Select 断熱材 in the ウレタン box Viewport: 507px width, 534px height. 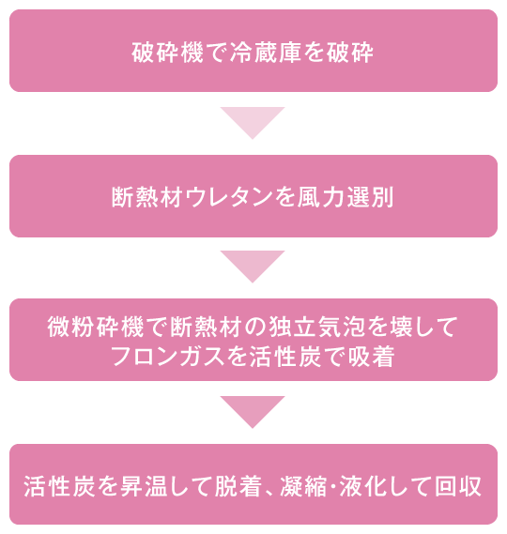[146, 197]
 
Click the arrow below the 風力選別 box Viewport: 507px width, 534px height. [253, 267]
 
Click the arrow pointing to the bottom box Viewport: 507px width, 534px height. [253, 411]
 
